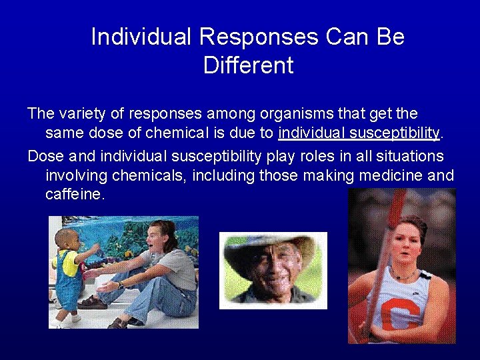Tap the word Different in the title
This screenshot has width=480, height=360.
[248, 65]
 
